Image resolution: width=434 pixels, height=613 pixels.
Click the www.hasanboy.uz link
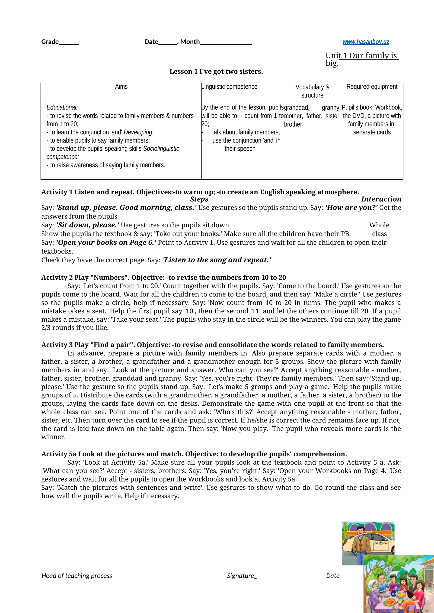(x=366, y=42)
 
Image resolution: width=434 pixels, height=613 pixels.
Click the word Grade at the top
(x=50, y=42)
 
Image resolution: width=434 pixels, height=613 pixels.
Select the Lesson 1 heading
(x=216, y=72)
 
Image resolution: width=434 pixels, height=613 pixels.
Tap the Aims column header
(x=121, y=87)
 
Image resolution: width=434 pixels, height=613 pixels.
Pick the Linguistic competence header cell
(x=229, y=87)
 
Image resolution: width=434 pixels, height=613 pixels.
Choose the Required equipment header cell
(x=372, y=87)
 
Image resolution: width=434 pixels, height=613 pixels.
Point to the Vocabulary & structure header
(x=312, y=91)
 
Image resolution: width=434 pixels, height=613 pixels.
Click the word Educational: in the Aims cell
(x=62, y=107)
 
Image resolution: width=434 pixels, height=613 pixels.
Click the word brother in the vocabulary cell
(x=293, y=124)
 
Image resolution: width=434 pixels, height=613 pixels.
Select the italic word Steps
(x=199, y=199)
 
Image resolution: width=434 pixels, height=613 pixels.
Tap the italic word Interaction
(x=381, y=199)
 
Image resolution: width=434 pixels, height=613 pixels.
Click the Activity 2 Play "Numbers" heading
(x=164, y=278)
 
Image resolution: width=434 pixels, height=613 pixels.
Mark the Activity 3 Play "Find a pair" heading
(x=212, y=345)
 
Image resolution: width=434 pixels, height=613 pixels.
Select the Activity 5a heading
(x=194, y=454)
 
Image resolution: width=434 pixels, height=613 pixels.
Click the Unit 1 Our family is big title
(x=362, y=59)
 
